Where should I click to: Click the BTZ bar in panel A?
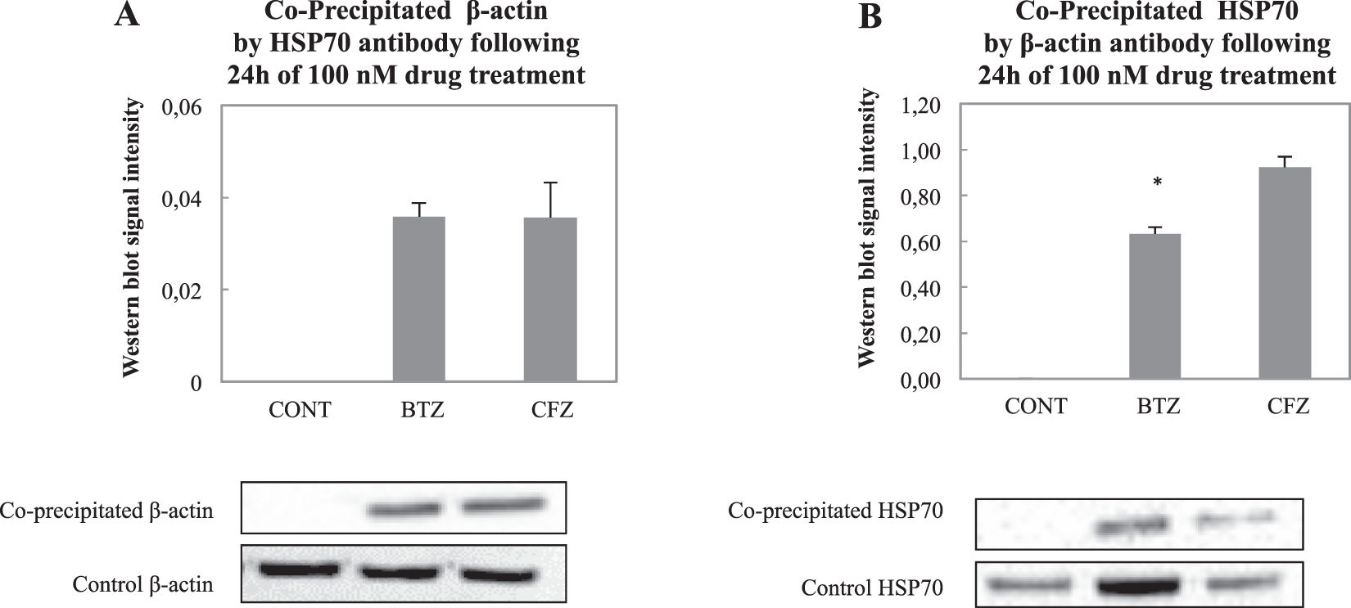pyautogui.click(x=419, y=299)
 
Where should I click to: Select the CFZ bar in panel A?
pyautogui.click(x=550, y=299)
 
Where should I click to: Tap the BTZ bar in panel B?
pyautogui.click(x=1154, y=307)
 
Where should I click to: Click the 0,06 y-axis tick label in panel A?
pyautogui.click(x=184, y=107)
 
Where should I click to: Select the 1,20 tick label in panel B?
pyautogui.click(x=920, y=106)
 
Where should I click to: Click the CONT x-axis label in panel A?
pyautogui.click(x=300, y=409)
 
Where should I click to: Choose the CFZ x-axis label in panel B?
pyautogui.click(x=1288, y=406)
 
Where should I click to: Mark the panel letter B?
pyautogui.click(x=870, y=16)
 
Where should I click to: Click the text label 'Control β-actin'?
pyautogui.click(x=142, y=585)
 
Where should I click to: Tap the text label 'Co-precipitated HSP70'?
pyautogui.click(x=835, y=511)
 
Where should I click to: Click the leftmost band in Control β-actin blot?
pyautogui.click(x=298, y=569)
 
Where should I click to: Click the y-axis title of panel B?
pyautogui.click(x=866, y=229)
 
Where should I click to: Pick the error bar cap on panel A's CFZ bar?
pyautogui.click(x=550, y=182)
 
